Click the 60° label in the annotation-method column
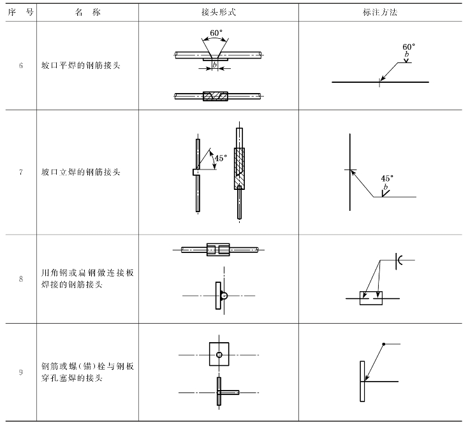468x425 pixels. (409, 47)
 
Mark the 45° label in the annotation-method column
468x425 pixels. (387, 178)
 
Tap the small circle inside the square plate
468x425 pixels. (219, 354)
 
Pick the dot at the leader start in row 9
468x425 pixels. (383, 345)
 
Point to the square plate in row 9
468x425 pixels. (219, 354)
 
